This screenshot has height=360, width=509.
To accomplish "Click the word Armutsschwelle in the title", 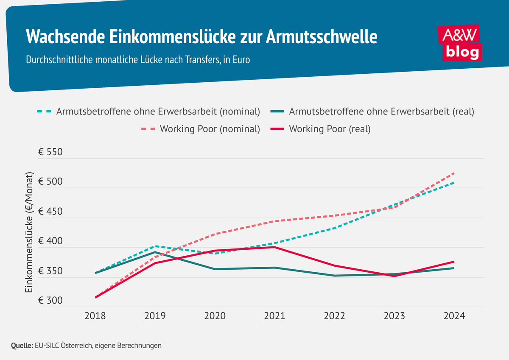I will (x=322, y=36).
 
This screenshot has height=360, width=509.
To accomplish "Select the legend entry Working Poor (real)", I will (x=330, y=129).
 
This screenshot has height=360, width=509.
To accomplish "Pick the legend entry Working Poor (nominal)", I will (x=210, y=129).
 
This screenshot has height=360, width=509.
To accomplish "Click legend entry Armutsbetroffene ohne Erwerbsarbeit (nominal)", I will (x=158, y=112).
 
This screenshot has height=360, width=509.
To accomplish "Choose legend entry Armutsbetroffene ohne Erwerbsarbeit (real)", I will (x=381, y=112).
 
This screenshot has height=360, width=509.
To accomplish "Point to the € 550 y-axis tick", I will (x=50, y=152).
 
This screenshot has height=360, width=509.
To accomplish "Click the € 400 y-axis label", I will (x=50, y=241).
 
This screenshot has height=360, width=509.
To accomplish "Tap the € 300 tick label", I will (x=50, y=301).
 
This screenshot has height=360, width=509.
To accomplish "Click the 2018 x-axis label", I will (x=95, y=316).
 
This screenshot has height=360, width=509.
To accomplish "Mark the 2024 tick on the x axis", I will (x=454, y=316).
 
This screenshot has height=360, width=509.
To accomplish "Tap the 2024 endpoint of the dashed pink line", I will (x=454, y=173).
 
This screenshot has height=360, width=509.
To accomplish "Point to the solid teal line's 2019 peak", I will (x=155, y=252).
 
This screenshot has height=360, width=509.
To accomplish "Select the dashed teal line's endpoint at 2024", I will (x=454, y=183).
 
